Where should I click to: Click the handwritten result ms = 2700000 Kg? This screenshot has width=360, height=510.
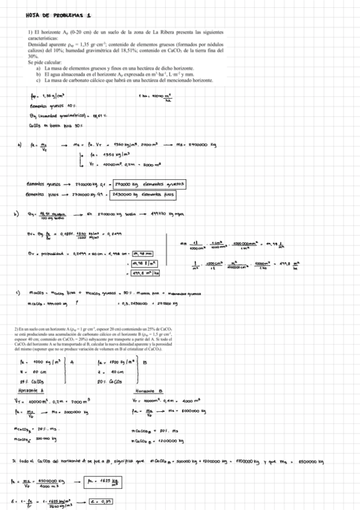tap(196, 144)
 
